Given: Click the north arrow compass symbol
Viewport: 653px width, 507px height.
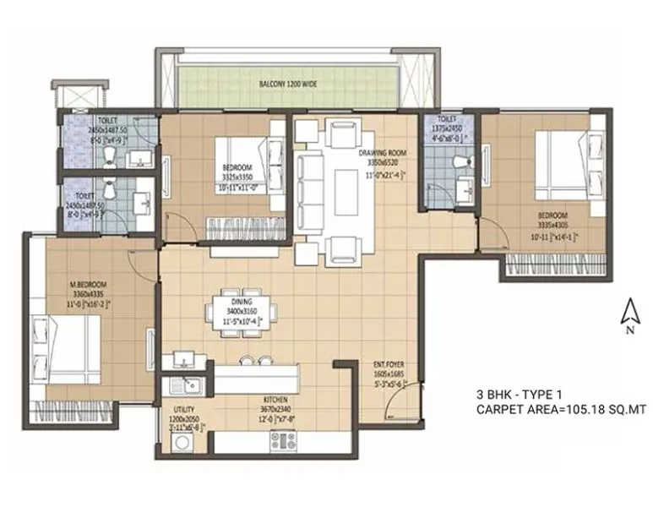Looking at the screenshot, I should [629, 314].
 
